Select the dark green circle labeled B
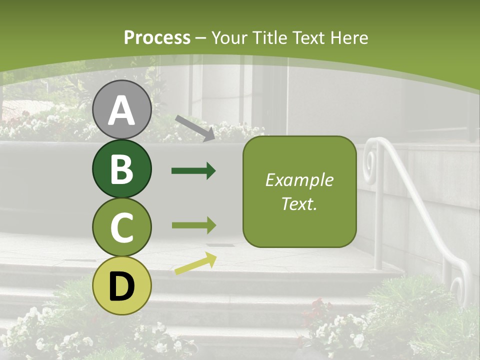click(122, 168)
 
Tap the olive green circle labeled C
click(122, 227)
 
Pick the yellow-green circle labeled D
click(122, 285)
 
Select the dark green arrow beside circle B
click(193, 171)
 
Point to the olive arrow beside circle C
click(193, 225)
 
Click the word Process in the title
click(157, 37)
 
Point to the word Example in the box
click(299, 180)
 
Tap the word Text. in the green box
click(299, 203)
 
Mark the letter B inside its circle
click(122, 169)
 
